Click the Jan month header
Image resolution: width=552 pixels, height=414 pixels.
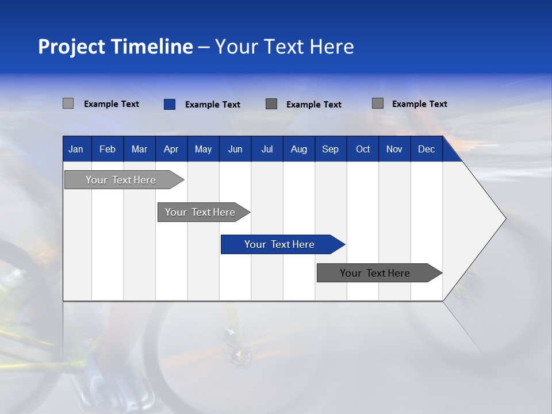76,149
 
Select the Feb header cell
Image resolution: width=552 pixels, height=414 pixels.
108,149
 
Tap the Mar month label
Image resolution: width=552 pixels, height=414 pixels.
139,149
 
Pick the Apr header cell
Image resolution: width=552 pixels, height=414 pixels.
171,149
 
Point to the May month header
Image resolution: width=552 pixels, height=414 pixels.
203,149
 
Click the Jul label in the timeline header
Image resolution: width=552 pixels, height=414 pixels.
267,149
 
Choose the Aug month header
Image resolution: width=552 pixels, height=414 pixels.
298,149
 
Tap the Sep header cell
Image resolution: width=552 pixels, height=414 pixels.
330,149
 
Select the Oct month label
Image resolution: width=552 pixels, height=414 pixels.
363,149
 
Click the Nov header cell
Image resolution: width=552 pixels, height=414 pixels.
394,149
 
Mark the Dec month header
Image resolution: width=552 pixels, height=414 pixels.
426,149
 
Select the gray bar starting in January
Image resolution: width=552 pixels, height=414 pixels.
121,180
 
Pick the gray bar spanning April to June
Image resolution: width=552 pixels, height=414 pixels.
200,212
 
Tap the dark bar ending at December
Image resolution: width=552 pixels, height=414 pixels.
375,273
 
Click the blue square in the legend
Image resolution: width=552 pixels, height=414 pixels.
169,104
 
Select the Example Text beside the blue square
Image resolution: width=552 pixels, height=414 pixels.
212,105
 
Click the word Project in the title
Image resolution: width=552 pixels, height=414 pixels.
72,47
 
